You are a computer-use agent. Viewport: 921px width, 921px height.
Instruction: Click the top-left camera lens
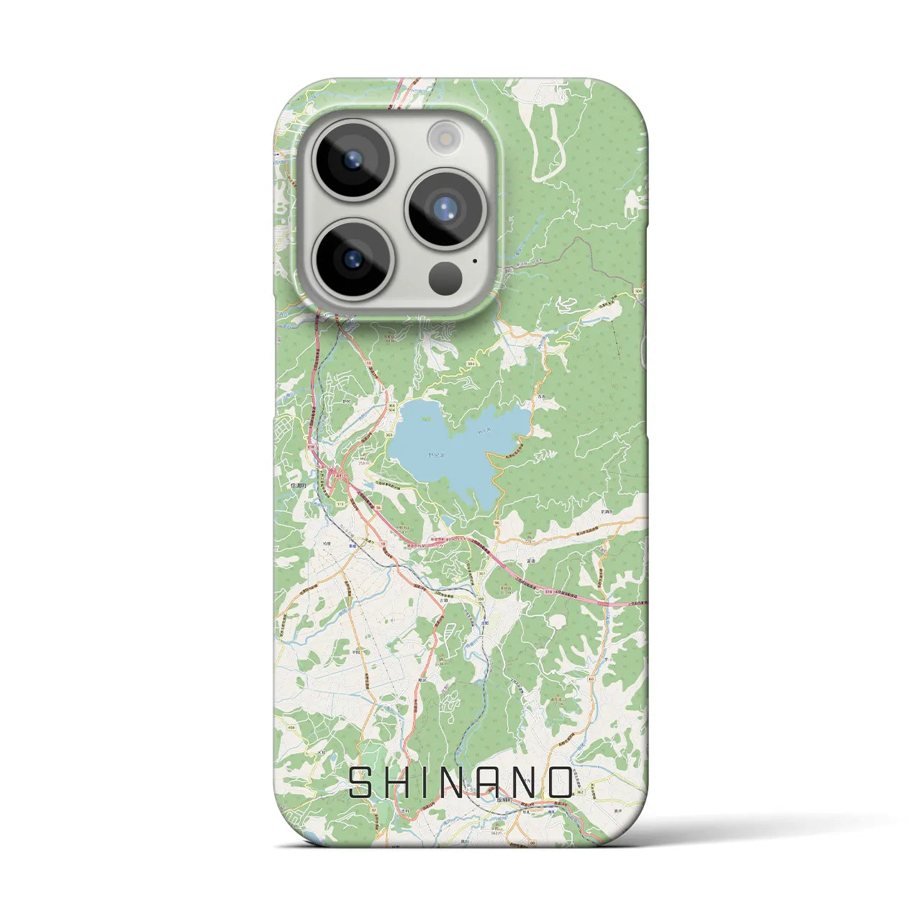tap(353, 160)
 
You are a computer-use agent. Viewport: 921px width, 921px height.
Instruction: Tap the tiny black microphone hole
tap(475, 262)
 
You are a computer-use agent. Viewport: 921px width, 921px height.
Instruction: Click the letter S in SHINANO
tap(360, 783)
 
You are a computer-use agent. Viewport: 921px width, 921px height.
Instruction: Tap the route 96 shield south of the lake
tap(497, 523)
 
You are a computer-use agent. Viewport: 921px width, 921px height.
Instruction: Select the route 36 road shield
tap(378, 507)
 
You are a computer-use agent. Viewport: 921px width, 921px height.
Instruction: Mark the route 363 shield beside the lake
tap(389, 435)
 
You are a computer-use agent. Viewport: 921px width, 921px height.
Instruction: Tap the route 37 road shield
tap(374, 810)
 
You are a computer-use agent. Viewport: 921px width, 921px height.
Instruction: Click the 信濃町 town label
tap(299, 486)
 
